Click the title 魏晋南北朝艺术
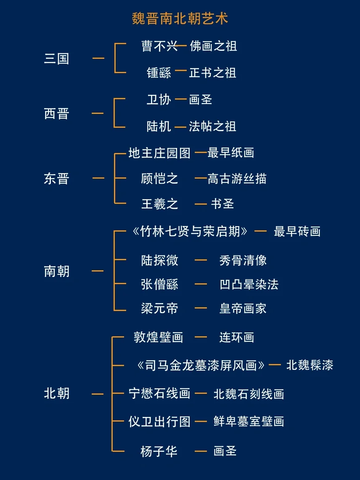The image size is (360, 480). coord(180,19)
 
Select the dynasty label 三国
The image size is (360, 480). coord(56,58)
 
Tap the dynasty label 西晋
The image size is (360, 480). coord(56,113)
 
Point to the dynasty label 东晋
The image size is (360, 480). coord(56,179)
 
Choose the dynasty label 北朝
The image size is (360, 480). coord(56,394)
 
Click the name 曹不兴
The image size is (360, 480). coord(160,46)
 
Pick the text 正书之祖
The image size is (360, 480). coord(212,73)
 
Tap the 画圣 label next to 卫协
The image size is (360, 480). coord(201,100)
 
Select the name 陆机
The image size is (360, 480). coord(159,127)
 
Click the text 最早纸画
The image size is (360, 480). coord(230,153)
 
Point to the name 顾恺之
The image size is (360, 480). coord(159,179)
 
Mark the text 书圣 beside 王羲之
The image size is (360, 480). coord(222,204)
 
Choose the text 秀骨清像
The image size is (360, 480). coord(243,261)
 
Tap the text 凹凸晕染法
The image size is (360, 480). coord(249,285)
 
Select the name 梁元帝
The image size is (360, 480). coord(159,309)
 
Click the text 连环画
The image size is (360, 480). coord(236,337)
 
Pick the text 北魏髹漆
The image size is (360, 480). coord(310,365)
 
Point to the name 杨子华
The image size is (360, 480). coord(159,451)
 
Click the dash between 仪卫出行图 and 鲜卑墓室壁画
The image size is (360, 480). coord(201,421)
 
